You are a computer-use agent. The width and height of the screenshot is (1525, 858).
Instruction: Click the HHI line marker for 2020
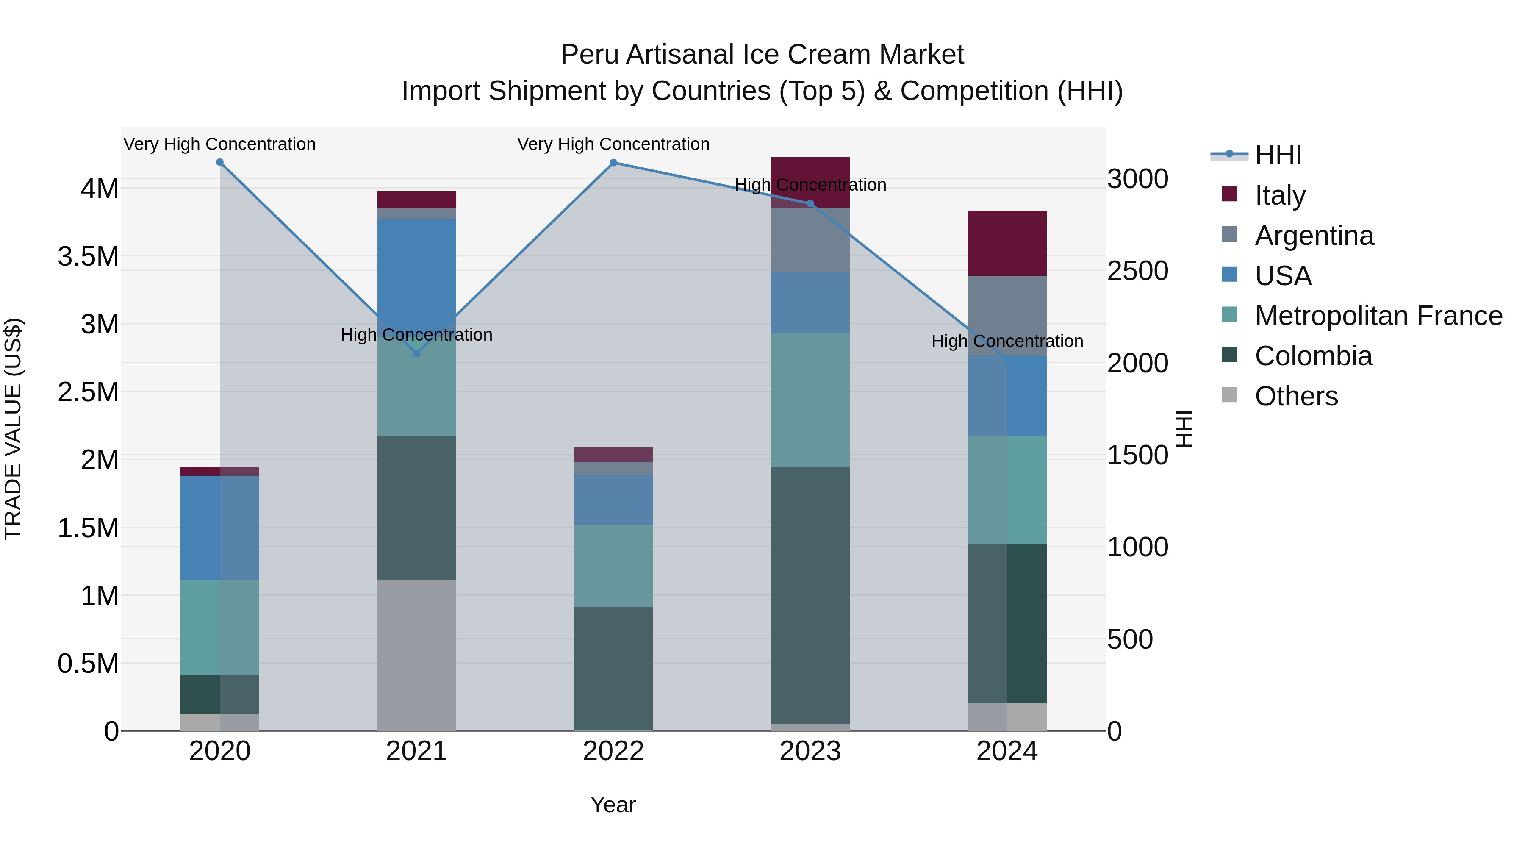[x=219, y=162]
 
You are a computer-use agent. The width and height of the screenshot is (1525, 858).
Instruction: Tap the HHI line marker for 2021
[x=417, y=353]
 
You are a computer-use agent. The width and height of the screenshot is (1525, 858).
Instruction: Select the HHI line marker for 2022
[x=613, y=163]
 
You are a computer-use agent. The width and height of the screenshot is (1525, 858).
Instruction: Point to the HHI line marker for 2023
[x=810, y=204]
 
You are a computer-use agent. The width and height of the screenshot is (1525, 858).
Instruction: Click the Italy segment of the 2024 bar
[x=1007, y=243]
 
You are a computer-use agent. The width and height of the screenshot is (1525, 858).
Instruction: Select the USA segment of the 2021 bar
[x=417, y=269]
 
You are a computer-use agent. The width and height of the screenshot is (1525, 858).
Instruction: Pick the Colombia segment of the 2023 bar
[x=810, y=595]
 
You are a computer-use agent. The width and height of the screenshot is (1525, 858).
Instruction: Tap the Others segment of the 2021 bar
[x=417, y=655]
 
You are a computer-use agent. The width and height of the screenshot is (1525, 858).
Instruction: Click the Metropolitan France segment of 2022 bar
[x=613, y=566]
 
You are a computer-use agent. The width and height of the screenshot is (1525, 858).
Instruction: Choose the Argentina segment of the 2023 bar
[x=810, y=240]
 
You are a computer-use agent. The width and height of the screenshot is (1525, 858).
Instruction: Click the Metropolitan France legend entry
[x=1378, y=316]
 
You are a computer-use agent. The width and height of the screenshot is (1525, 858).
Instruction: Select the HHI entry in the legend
[x=1278, y=155]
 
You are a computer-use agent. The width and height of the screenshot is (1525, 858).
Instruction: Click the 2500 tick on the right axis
[x=1137, y=271]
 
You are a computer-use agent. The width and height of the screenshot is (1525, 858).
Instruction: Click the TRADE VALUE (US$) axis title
[x=14, y=429]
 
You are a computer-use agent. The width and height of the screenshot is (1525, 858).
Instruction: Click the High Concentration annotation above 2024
[x=1007, y=342]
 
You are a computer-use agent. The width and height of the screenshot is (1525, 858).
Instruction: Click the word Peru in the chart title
[x=590, y=55]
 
